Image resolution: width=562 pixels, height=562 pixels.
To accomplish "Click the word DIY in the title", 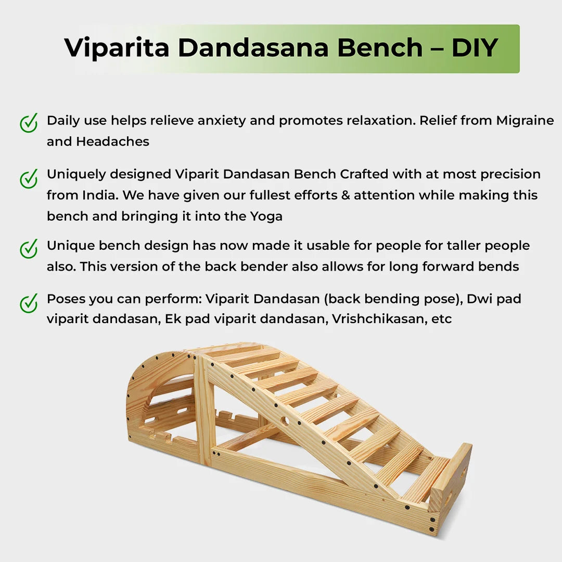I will [475, 48].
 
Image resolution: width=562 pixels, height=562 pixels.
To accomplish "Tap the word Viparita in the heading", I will [117, 48].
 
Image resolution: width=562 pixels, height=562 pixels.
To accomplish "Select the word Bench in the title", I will [379, 48].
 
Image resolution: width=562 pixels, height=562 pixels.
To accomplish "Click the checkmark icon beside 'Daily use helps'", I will [29, 123].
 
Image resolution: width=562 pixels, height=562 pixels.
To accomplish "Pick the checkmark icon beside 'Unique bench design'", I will [29, 248].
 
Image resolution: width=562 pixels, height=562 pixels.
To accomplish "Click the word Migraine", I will [525, 121].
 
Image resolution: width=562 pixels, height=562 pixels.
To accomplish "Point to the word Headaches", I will [112, 142].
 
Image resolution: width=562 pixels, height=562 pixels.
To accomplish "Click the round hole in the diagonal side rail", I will [285, 419].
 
